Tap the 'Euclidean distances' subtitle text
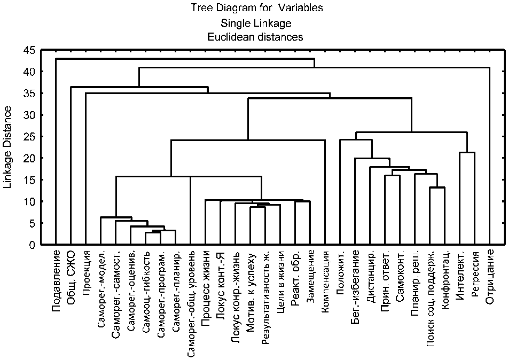pos(256,37)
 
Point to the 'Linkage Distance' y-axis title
pos(8,147)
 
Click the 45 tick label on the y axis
pos(29,50)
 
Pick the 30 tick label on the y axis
pos(29,115)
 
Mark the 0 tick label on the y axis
pos(32,245)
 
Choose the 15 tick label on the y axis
pos(29,180)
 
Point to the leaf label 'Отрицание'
pos(490,276)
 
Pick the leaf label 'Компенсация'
pos(325,281)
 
